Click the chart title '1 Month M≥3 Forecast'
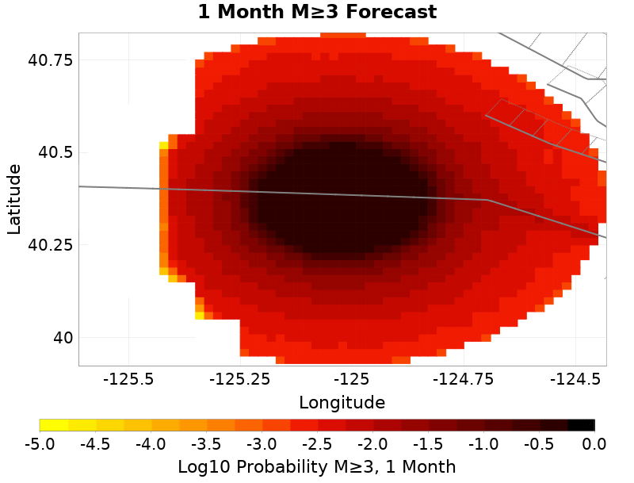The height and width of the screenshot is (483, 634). coord(317,13)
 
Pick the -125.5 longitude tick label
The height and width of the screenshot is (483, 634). coord(128,381)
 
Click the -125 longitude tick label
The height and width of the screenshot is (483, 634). coord(351,381)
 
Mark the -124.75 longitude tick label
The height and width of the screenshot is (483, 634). coord(463,381)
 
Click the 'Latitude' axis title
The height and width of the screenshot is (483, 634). coord(14,199)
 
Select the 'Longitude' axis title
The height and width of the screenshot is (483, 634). coord(342,403)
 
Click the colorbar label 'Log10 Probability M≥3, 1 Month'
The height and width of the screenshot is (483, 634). coord(317,466)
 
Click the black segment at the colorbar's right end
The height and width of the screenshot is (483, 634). coord(581,425)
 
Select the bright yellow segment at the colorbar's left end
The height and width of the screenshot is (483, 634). coord(54,425)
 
